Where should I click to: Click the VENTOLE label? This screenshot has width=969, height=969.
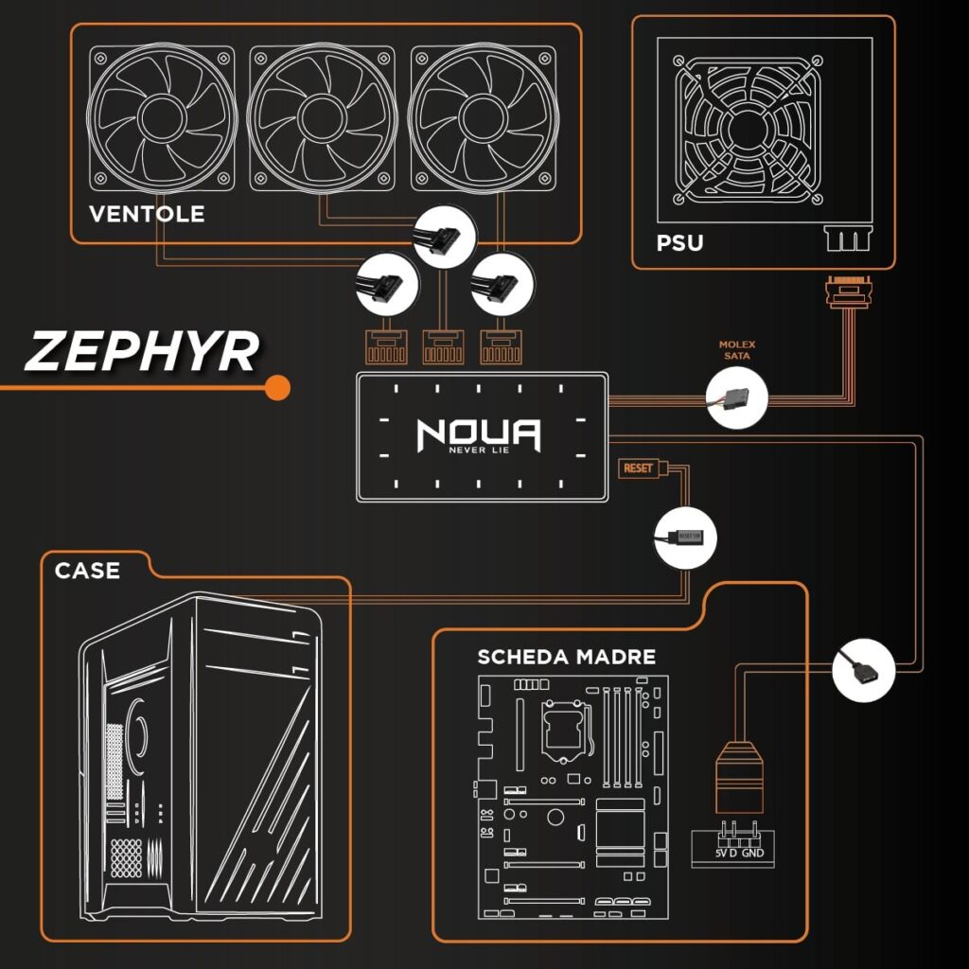[x=147, y=214]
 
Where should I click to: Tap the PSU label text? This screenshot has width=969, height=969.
[x=679, y=243]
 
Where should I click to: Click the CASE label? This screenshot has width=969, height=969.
[x=87, y=571]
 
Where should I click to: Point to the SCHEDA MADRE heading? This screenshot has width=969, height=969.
[x=566, y=657]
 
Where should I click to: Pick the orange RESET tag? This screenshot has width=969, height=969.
[x=638, y=468]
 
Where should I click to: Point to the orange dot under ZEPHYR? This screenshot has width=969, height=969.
[x=277, y=387]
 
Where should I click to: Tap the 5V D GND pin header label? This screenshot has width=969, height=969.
[x=739, y=854]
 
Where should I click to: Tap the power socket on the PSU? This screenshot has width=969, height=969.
[x=846, y=238]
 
